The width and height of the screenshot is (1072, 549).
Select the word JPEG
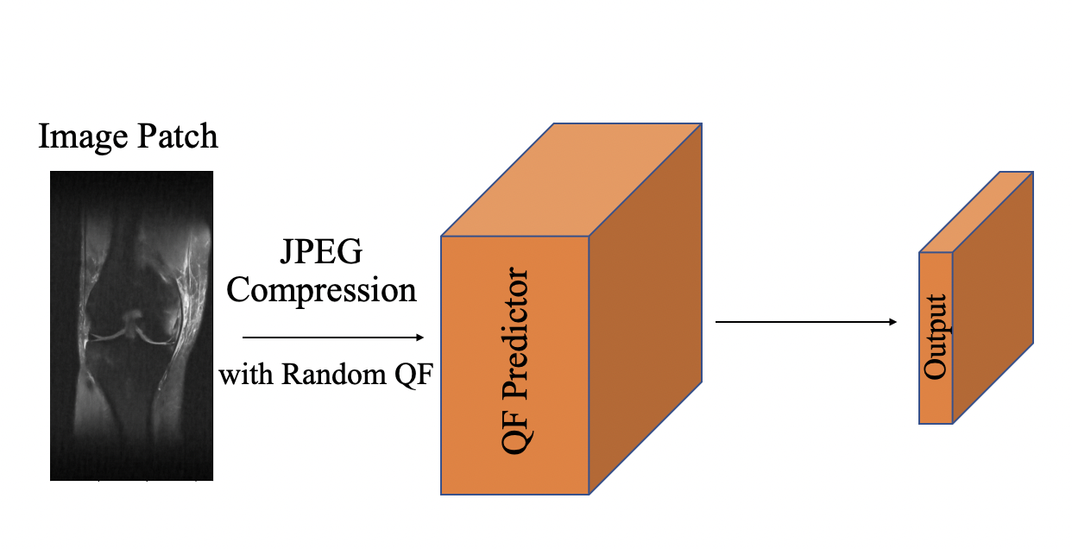tap(321, 254)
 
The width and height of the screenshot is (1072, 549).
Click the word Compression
tap(321, 290)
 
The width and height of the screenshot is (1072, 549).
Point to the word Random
tap(324, 375)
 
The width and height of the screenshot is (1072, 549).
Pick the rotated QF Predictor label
tap(514, 363)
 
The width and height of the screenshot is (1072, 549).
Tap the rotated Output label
tap(936, 337)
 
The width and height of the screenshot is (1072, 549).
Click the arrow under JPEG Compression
tap(332, 337)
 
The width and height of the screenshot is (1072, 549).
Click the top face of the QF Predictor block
tap(571, 180)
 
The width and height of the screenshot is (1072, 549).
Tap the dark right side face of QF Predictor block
tap(646, 311)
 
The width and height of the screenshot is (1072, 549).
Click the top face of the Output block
tap(976, 212)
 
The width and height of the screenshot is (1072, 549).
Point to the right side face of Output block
tap(993, 298)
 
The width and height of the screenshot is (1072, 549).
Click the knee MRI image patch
tap(131, 325)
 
